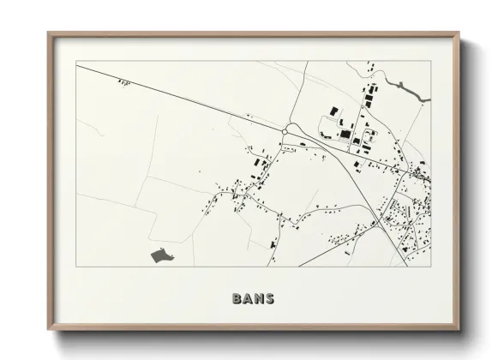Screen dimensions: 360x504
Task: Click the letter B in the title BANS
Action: (237, 299)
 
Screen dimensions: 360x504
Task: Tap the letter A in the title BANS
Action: (248, 299)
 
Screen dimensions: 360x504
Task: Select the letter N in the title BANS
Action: (259, 299)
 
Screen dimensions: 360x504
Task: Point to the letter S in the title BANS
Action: (270, 299)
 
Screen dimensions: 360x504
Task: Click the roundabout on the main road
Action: (286, 129)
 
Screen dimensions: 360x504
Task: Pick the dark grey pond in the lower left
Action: (159, 255)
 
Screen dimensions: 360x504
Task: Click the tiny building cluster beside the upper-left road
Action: (125, 82)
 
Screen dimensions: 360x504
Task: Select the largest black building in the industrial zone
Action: (345, 134)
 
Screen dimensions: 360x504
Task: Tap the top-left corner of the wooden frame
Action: (48, 33)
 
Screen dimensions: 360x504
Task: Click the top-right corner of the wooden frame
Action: (459, 33)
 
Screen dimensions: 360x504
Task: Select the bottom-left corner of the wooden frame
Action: (48, 331)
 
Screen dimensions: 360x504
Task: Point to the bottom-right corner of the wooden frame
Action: (459, 331)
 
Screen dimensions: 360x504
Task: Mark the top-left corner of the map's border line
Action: (76, 62)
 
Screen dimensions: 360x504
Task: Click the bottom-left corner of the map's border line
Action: (76, 267)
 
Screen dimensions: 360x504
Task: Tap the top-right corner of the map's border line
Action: (431, 62)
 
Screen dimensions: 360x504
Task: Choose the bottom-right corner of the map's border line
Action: (431, 267)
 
